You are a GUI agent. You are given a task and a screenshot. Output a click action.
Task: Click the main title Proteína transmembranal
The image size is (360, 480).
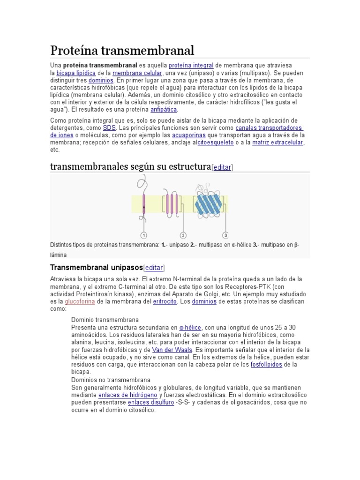(122, 50)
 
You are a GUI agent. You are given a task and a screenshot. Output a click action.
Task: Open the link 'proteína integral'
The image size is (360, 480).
(191, 66)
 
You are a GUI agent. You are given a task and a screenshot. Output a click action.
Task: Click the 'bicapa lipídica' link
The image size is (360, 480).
(76, 73)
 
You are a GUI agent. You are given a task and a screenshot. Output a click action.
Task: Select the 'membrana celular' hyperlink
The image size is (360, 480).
(137, 73)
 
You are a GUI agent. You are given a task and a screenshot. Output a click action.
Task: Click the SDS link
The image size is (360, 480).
(109, 127)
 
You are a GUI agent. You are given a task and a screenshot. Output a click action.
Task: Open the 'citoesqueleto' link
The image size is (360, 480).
(215, 142)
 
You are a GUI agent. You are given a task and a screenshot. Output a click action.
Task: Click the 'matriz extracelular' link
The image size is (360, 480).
(277, 142)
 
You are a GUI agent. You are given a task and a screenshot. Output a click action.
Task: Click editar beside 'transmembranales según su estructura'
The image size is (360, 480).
(222, 167)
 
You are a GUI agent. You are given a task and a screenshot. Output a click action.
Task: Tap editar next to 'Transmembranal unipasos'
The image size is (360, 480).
(154, 268)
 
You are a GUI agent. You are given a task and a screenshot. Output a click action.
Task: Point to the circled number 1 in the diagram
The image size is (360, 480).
(144, 235)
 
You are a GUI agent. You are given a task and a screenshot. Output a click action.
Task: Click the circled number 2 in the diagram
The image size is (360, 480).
(183, 235)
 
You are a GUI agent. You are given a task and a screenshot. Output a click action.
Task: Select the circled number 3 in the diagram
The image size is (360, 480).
(225, 235)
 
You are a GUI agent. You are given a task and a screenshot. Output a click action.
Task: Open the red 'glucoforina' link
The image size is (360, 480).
(80, 301)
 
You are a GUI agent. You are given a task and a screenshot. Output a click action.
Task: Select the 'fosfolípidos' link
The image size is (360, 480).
(266, 364)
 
